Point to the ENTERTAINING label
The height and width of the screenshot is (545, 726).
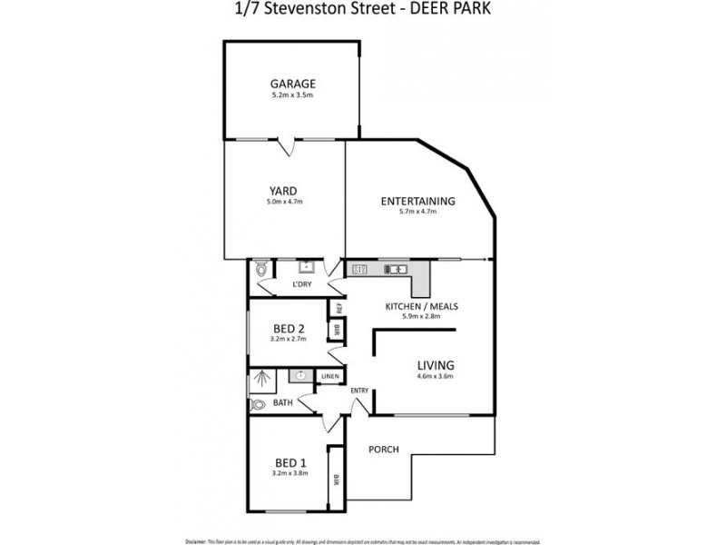pyautogui.click(x=418, y=201)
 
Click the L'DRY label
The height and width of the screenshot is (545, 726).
pyautogui.click(x=302, y=285)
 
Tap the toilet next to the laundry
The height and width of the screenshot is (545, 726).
pyautogui.click(x=261, y=268)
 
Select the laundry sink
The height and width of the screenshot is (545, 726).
pyautogui.click(x=307, y=266)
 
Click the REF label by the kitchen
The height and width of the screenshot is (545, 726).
pyautogui.click(x=338, y=306)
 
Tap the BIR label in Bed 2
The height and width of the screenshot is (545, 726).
pyautogui.click(x=337, y=328)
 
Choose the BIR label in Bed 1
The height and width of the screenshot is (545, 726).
pyautogui.click(x=336, y=479)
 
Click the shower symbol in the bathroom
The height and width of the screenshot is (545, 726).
pyautogui.click(x=262, y=377)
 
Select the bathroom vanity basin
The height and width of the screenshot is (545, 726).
pyautogui.click(x=300, y=375)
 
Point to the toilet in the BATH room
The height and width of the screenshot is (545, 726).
pyautogui.click(x=260, y=404)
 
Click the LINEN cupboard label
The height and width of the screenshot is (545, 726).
pyautogui.click(x=329, y=376)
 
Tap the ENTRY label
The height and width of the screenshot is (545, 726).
pyautogui.click(x=359, y=391)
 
